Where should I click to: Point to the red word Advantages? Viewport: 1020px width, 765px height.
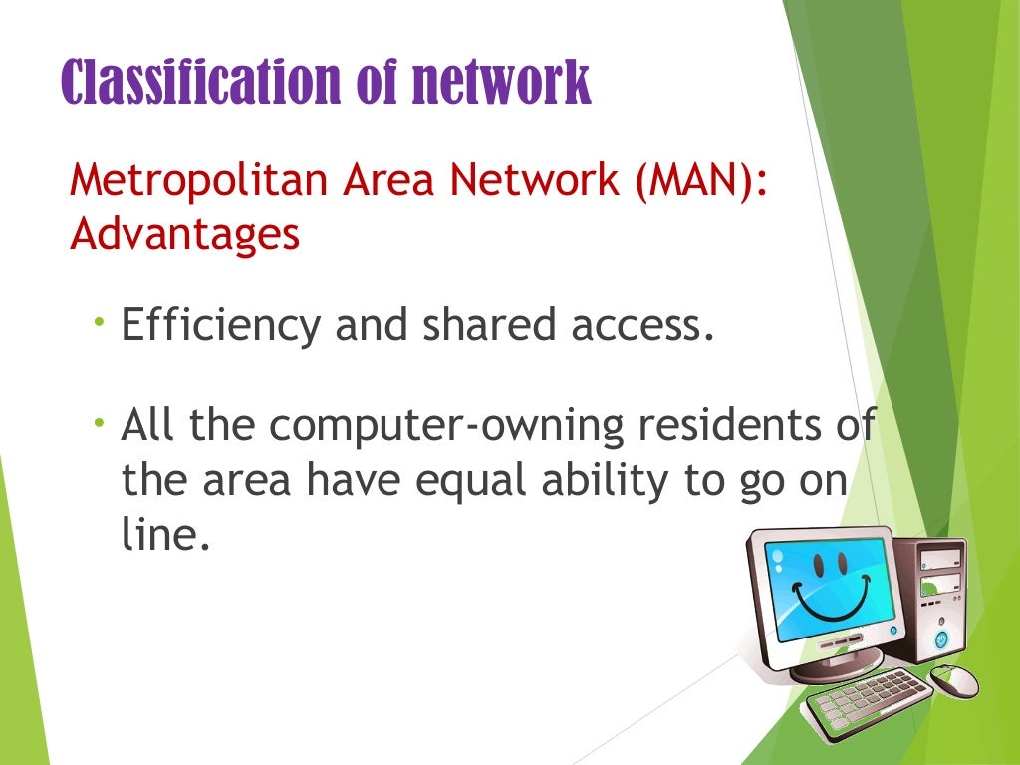(x=185, y=235)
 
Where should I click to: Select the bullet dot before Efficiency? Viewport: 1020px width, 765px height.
(x=100, y=322)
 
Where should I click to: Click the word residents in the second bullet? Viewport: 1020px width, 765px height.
(x=729, y=428)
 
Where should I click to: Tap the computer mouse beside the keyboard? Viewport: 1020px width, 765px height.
(x=953, y=680)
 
